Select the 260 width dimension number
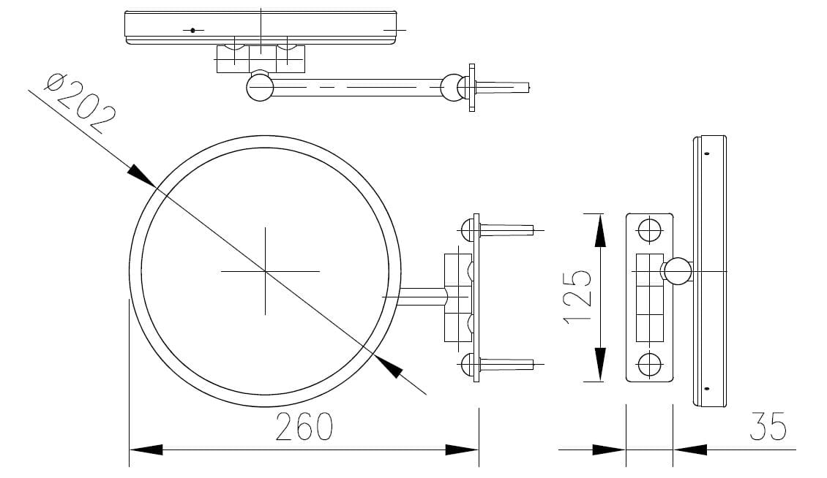[x=304, y=427]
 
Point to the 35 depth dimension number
[x=768, y=427]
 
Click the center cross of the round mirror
[x=265, y=271]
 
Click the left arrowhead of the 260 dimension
[x=145, y=449]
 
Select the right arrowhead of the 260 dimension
[x=463, y=449]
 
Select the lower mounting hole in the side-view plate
[x=648, y=363]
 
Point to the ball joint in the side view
[x=677, y=271]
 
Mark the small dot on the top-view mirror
[x=192, y=30]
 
